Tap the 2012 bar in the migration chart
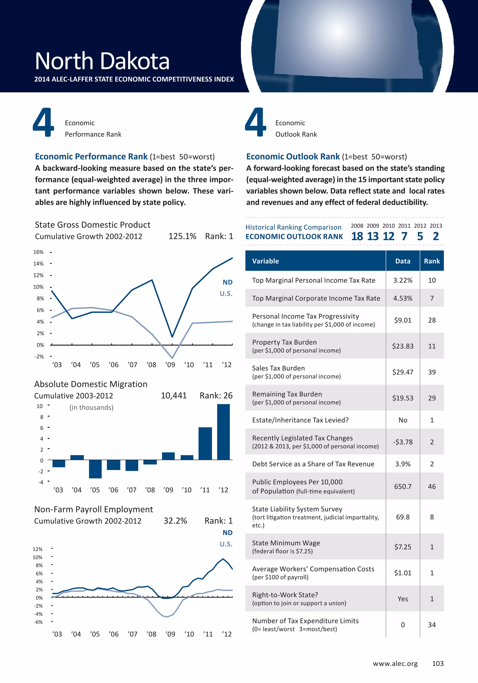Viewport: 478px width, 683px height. click(223, 432)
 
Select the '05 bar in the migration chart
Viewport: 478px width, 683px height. click(95, 469)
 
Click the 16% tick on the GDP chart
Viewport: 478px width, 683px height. click(38, 252)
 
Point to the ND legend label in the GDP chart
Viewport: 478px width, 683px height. click(227, 282)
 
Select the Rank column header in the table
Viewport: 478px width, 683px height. click(432, 261)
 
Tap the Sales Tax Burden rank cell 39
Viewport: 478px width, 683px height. click(432, 372)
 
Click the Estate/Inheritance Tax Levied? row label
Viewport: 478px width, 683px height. click(300, 420)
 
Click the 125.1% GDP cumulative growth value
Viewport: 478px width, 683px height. click(182, 236)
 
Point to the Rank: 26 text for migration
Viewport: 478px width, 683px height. click(216, 395)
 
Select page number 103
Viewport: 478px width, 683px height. click(438, 663)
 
